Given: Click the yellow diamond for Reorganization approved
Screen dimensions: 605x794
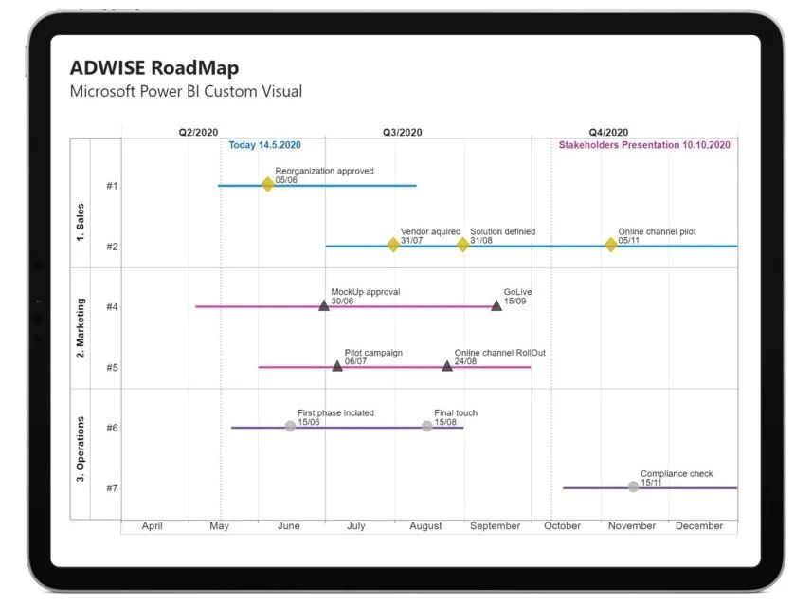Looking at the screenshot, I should [267, 184].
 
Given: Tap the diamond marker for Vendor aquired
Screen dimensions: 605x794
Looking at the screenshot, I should [393, 245].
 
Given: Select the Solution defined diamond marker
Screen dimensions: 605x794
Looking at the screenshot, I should [462, 245].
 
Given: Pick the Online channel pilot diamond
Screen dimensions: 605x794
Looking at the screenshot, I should [610, 245].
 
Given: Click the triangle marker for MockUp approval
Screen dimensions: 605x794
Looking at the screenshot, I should [324, 305].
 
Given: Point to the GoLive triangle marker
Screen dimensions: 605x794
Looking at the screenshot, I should [496, 305].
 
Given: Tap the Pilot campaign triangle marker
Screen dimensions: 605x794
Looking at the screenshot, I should [337, 365].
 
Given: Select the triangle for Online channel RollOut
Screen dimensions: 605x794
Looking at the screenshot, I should [447, 365].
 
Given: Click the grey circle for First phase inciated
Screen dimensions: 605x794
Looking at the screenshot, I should [290, 426].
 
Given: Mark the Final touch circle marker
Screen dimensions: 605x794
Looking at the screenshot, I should [426, 426].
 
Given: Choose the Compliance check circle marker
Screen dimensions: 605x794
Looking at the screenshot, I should [633, 486].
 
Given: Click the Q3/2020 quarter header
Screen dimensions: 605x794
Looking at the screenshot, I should [403, 133].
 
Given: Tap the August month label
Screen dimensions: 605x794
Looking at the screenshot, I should [425, 525].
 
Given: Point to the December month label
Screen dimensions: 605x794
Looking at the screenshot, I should [699, 525].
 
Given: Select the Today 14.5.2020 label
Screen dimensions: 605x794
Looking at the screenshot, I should [264, 145].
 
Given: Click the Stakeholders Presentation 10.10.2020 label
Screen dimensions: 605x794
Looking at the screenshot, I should [644, 145].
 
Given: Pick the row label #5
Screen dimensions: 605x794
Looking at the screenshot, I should [112, 367].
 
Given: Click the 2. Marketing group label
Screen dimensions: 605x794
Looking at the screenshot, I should [81, 328].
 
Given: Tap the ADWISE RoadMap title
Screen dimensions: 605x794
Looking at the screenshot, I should [154, 68].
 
